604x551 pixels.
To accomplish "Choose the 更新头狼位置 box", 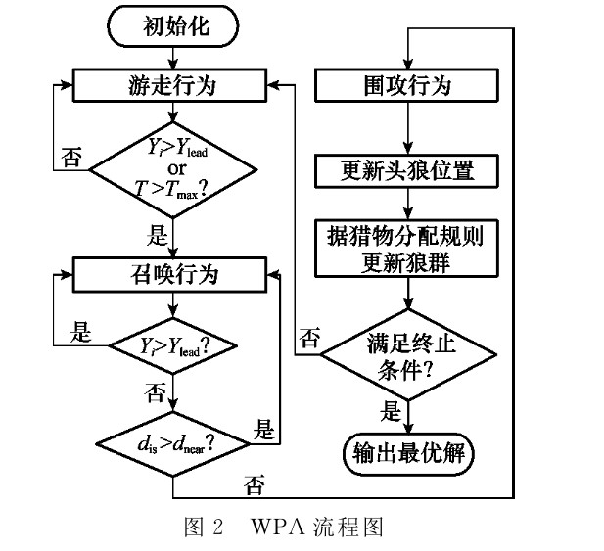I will [x=406, y=172].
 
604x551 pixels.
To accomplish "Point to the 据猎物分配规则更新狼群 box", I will [x=406, y=249].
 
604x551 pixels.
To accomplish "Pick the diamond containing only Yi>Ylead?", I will [x=172, y=346].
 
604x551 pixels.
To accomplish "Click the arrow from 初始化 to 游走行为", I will [x=172, y=58].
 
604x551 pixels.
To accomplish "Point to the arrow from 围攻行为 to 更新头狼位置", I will [x=406, y=126].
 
